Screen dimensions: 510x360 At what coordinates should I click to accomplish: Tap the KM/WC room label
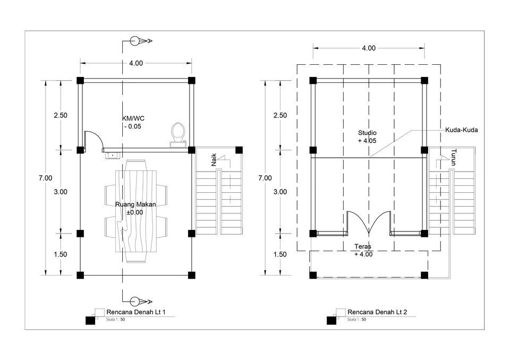pyautogui.click(x=133, y=118)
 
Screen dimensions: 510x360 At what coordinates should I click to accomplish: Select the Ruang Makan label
pyautogui.click(x=135, y=204)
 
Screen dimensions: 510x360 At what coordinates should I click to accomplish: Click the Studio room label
pyautogui.click(x=367, y=133)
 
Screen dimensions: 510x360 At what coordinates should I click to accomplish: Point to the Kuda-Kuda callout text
pyautogui.click(x=462, y=130)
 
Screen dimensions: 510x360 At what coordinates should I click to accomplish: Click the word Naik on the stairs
pyautogui.click(x=214, y=160)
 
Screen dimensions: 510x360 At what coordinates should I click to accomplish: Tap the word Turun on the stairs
pyautogui.click(x=454, y=157)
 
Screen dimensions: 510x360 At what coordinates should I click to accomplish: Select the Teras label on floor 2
pyautogui.click(x=363, y=246)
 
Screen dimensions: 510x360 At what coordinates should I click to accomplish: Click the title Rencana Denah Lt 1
pyautogui.click(x=136, y=312)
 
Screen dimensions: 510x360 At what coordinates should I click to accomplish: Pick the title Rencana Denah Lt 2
pyautogui.click(x=377, y=312)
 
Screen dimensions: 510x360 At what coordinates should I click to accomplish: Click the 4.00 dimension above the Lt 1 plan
pyautogui.click(x=136, y=63)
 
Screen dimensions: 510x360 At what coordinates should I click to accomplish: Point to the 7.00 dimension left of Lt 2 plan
pyautogui.click(x=265, y=178)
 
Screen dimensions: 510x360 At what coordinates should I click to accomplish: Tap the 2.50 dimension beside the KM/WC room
pyautogui.click(x=61, y=115)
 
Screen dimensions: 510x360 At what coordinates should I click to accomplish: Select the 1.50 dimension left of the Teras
pyautogui.click(x=280, y=254)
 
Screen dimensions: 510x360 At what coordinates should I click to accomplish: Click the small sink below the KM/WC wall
pyautogui.click(x=113, y=156)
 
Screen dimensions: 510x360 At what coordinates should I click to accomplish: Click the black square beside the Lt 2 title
pyautogui.click(x=331, y=320)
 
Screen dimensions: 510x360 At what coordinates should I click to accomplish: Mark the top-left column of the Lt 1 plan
pyautogui.click(x=80, y=80)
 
